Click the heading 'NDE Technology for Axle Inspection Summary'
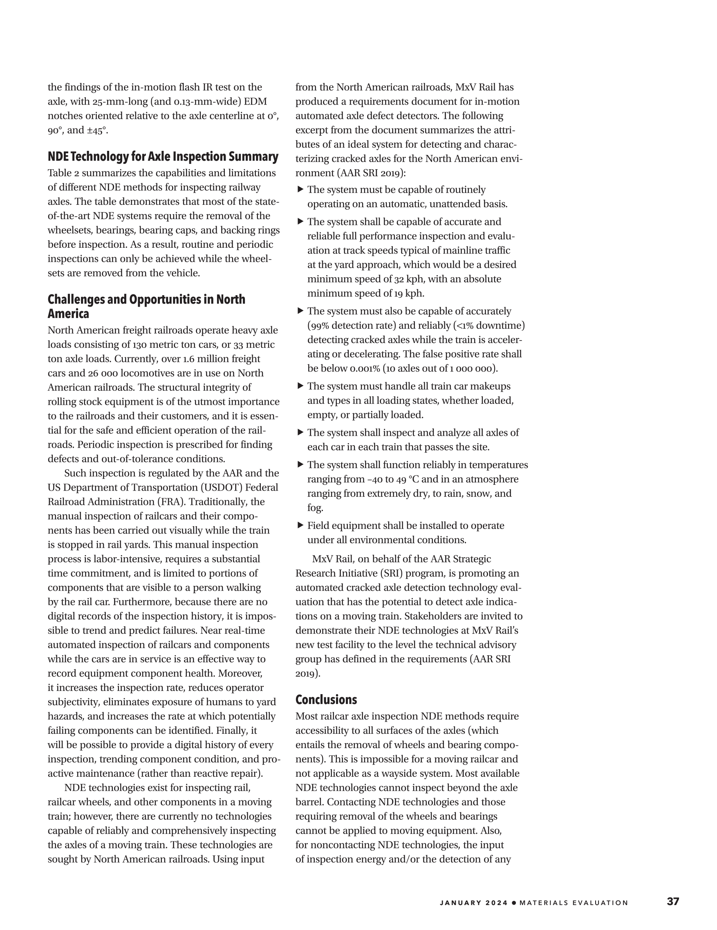coord(163,157)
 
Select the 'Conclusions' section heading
coord(326,699)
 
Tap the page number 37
coord(673,901)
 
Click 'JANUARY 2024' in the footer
coord(474,903)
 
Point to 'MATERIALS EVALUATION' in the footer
coord(574,903)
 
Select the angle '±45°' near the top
coord(96,131)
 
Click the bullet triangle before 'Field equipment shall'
coord(300,525)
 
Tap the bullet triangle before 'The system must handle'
coord(300,386)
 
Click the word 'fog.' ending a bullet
coord(315,508)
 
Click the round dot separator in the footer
coord(514,903)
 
